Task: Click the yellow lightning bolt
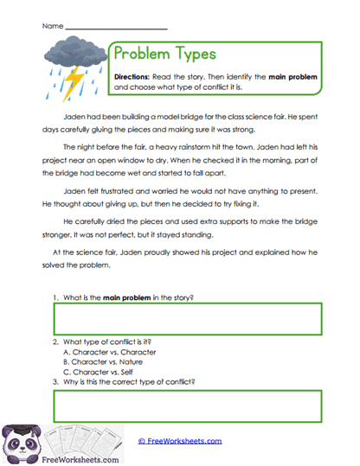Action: click(x=75, y=82)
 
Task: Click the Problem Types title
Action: click(x=164, y=54)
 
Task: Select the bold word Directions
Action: click(x=133, y=77)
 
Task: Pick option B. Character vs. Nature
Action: click(x=99, y=362)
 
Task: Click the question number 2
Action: click(x=55, y=342)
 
